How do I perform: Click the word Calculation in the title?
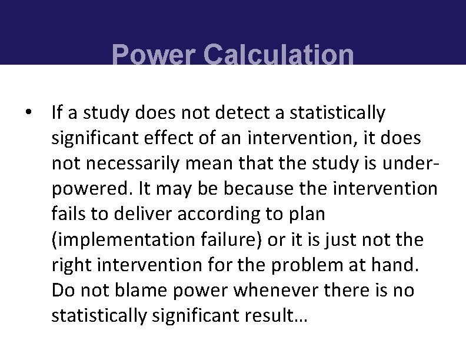click(x=279, y=56)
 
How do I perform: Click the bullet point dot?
click(x=28, y=112)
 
